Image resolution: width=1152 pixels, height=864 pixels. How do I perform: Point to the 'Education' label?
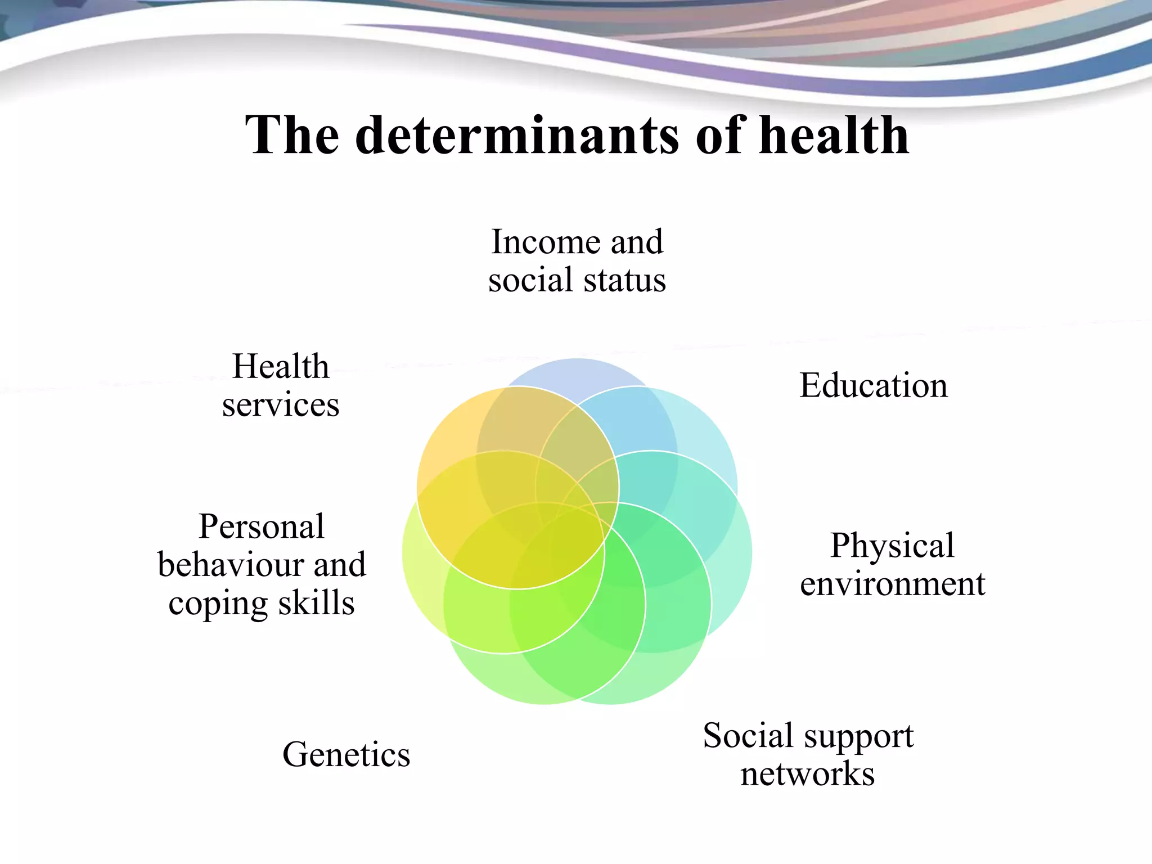pyautogui.click(x=874, y=386)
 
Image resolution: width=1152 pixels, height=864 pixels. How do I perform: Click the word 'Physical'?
pyautogui.click(x=892, y=545)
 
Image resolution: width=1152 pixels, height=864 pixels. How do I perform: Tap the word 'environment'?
pyautogui.click(x=893, y=584)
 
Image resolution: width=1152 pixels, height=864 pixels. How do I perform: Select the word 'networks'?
pyautogui.click(x=807, y=774)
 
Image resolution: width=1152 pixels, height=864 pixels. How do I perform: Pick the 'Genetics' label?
pyautogui.click(x=346, y=754)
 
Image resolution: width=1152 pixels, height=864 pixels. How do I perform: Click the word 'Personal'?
pyautogui.click(x=262, y=526)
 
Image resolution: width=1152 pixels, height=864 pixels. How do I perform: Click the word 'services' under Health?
pyautogui.click(x=281, y=405)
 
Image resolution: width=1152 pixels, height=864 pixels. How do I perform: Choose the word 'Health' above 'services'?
pyautogui.click(x=281, y=367)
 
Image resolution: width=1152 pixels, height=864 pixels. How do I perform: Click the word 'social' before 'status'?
pyautogui.click(x=530, y=280)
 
